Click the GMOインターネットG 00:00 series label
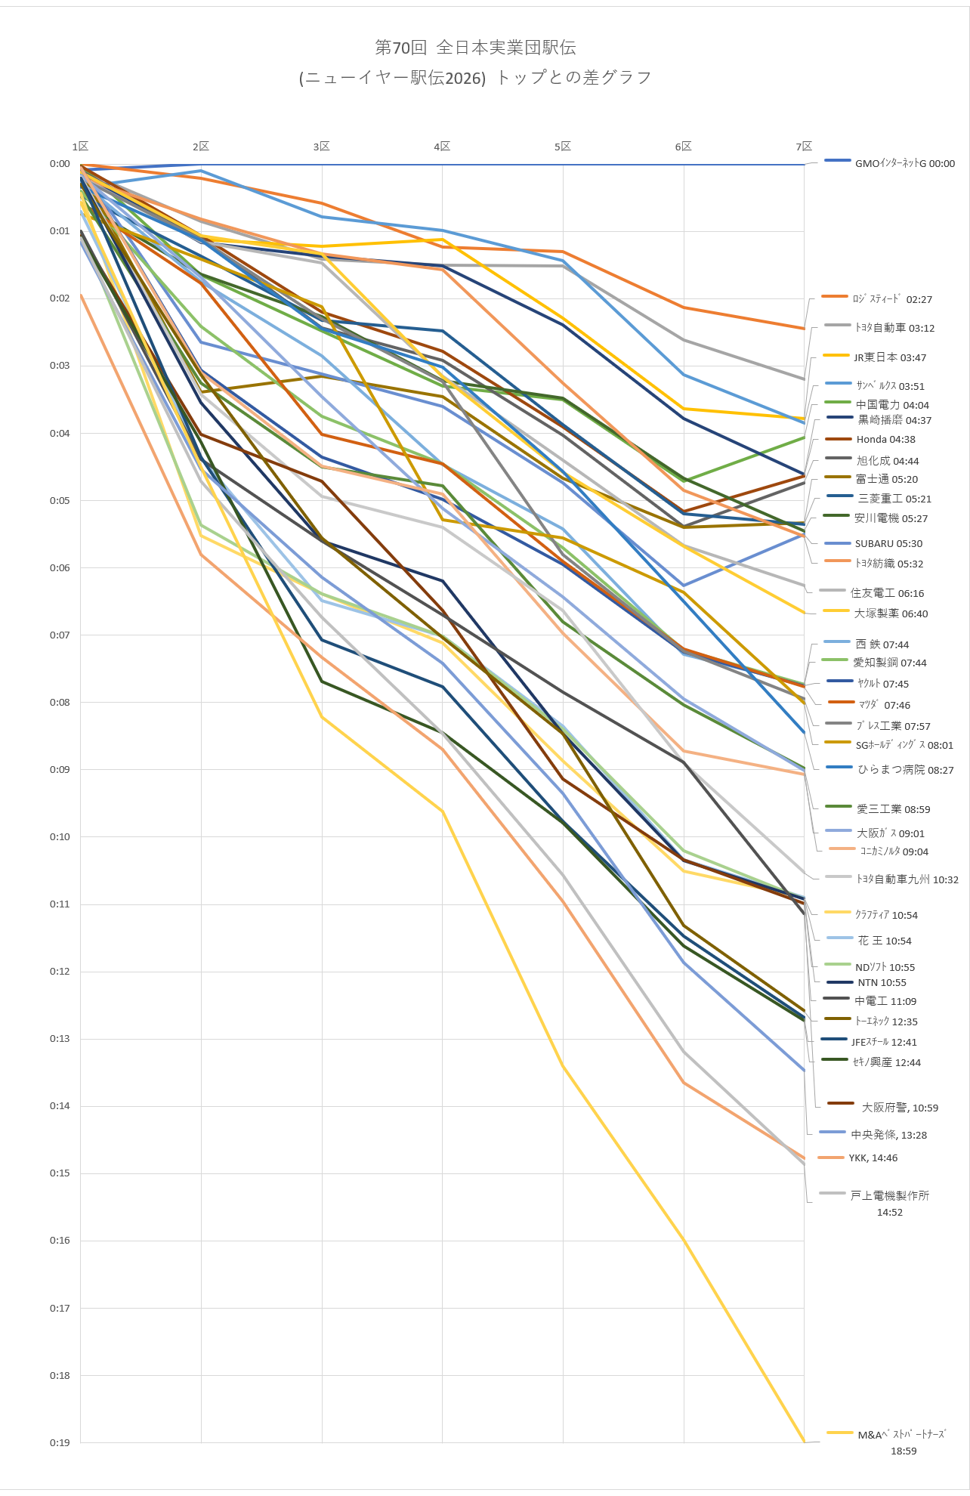point(904,163)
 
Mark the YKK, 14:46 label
point(873,1158)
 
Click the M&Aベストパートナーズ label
point(902,1434)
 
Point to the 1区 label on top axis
point(80,146)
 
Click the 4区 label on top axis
point(442,146)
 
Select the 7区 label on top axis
point(804,146)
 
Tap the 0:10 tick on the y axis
point(60,836)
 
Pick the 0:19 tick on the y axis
point(60,1442)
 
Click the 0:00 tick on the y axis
point(60,164)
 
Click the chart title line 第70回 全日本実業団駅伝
point(475,48)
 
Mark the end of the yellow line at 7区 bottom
point(804,1442)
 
